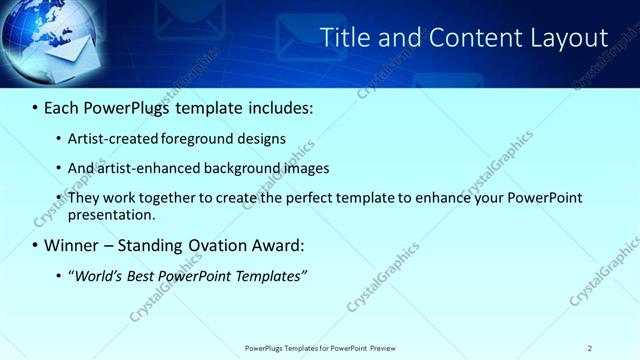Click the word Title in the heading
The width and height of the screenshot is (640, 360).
[343, 38]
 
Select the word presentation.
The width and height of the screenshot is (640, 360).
[112, 214]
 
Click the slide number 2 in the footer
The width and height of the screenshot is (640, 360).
[590, 347]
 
